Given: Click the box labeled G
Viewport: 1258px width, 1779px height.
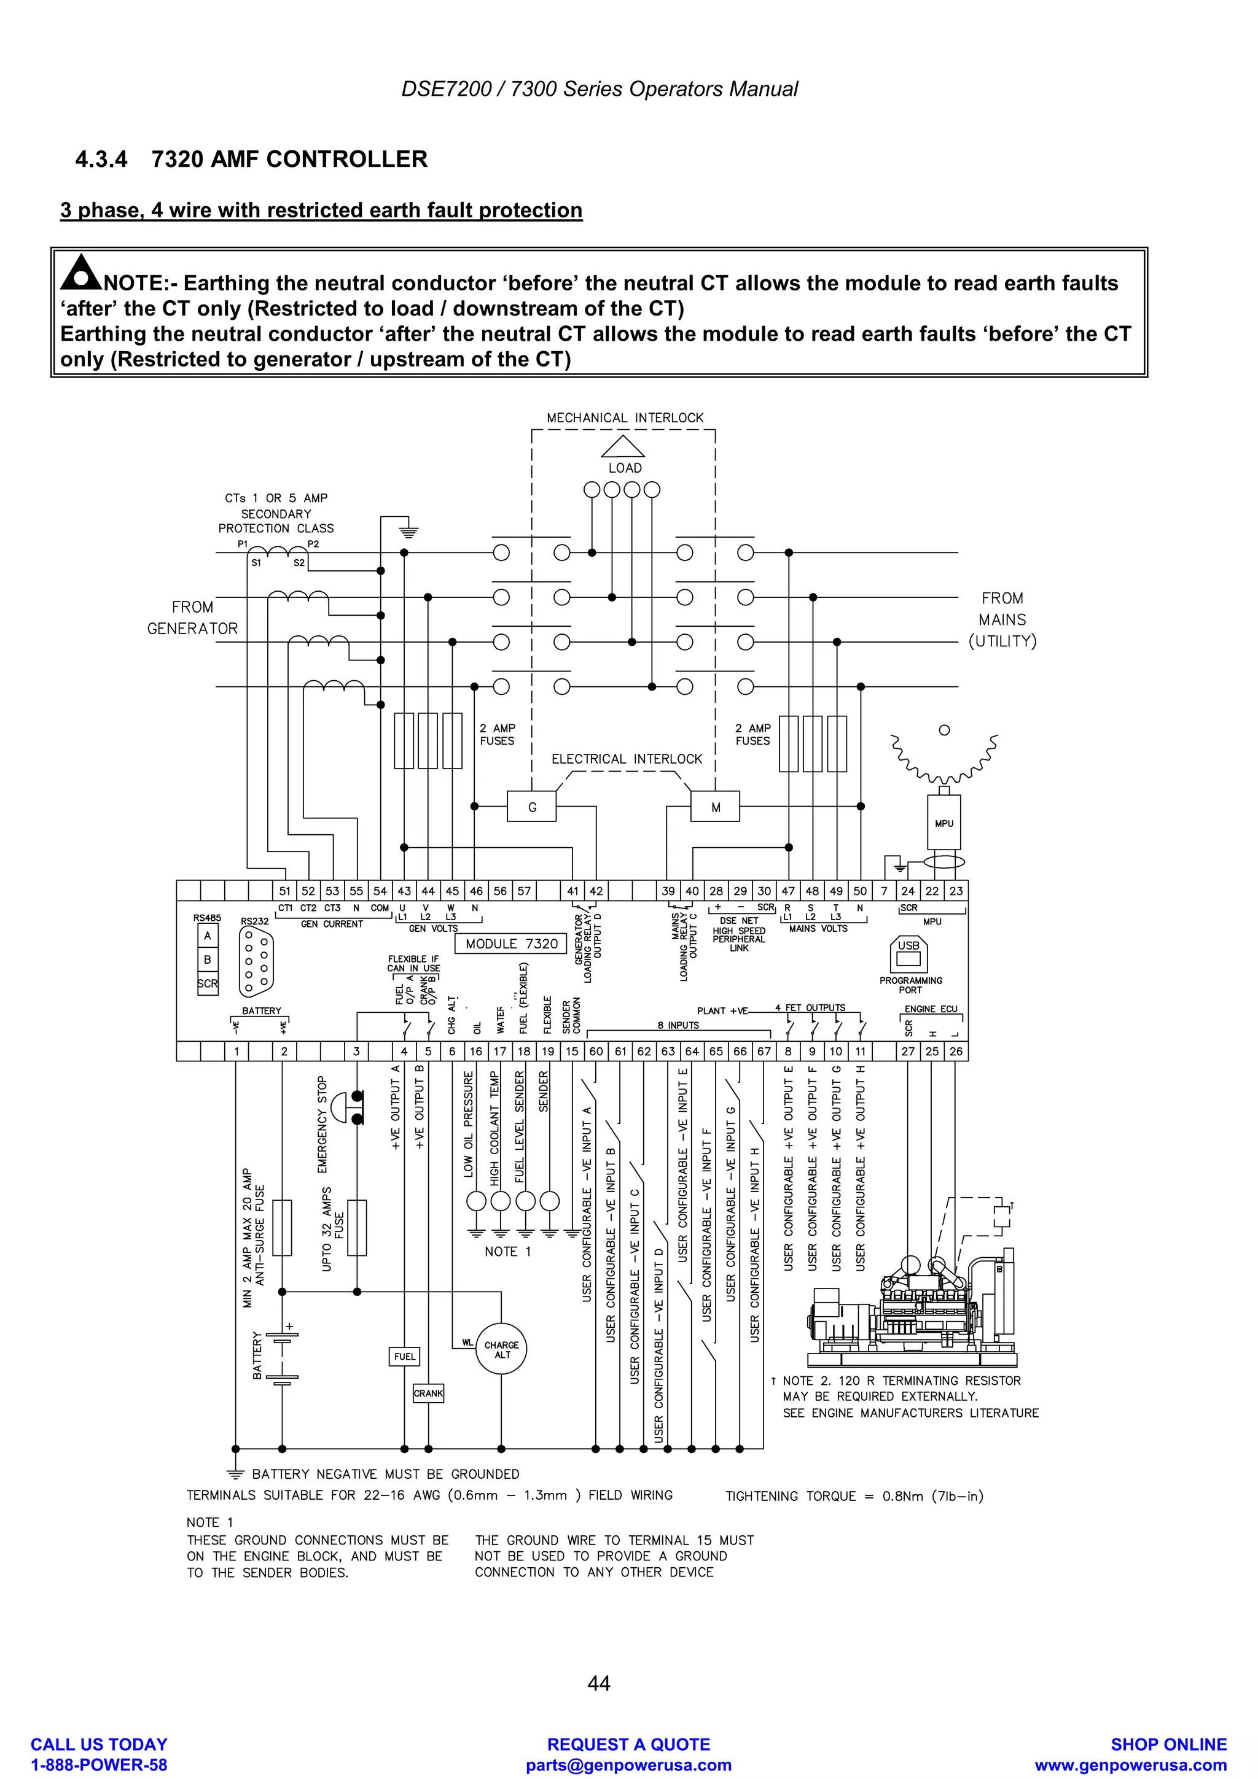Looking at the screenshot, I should pyautogui.click(x=532, y=807).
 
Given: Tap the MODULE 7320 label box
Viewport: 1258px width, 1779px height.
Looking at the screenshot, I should pyautogui.click(x=512, y=943).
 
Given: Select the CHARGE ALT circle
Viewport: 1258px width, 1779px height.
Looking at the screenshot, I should pyautogui.click(x=501, y=1349).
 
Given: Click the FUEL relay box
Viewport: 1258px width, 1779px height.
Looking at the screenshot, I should pyautogui.click(x=405, y=1356).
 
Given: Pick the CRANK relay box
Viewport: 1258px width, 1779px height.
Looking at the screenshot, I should pyautogui.click(x=428, y=1392).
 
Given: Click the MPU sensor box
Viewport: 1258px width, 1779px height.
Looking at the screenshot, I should pyautogui.click(x=943, y=823).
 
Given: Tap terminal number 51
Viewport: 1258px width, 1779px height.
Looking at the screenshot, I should pyautogui.click(x=284, y=891).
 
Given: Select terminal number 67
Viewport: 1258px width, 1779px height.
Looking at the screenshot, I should pyautogui.click(x=764, y=1052).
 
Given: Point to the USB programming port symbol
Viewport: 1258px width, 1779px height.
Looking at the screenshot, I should pyautogui.click(x=908, y=954).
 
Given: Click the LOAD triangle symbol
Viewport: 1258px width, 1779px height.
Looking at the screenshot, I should pyautogui.click(x=623, y=447).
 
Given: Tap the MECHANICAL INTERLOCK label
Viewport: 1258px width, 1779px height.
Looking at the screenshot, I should pyautogui.click(x=625, y=417).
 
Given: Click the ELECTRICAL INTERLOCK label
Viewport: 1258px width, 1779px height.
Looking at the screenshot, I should pyautogui.click(x=627, y=759).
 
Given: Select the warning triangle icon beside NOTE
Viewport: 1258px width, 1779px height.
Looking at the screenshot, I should pyautogui.click(x=80, y=272).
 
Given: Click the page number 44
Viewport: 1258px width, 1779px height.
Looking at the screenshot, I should pyautogui.click(x=598, y=1683).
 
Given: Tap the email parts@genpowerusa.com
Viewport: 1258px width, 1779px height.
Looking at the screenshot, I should pyautogui.click(x=628, y=1764).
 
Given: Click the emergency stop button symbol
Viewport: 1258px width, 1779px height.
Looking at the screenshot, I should pyautogui.click(x=346, y=1108).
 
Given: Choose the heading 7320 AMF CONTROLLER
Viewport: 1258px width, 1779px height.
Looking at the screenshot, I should pyautogui.click(x=289, y=159).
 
